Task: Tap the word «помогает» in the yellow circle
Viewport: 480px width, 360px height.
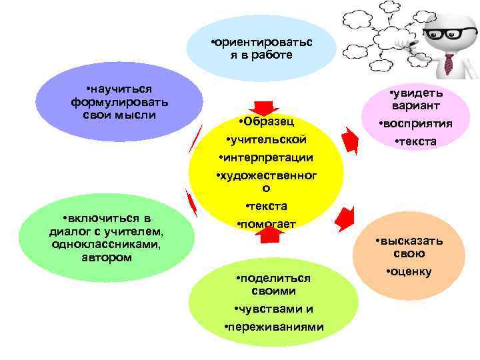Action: [x=267, y=223]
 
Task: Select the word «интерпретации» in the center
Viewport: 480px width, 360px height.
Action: [x=267, y=157]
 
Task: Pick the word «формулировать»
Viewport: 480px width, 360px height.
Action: [x=119, y=102]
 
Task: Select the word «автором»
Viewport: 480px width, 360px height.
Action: [x=106, y=257]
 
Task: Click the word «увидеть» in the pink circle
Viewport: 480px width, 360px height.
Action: [x=417, y=93]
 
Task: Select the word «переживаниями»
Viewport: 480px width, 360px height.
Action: [x=275, y=326]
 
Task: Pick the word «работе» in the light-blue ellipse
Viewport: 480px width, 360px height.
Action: [x=271, y=54]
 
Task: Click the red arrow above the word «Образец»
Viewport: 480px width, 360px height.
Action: [x=264, y=109]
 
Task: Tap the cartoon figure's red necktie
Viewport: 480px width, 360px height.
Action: [x=448, y=63]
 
